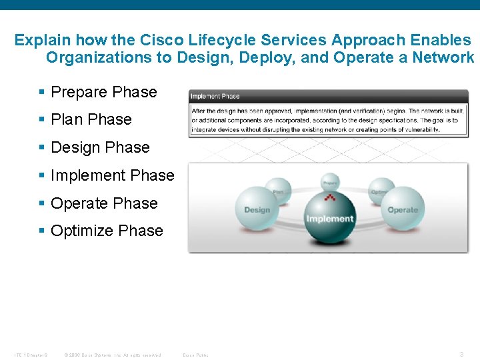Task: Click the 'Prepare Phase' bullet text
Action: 103,92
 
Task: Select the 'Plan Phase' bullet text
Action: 91,119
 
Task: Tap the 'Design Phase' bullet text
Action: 100,147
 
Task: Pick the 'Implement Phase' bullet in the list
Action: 112,175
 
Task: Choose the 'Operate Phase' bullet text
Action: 104,203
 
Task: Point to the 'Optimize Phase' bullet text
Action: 107,231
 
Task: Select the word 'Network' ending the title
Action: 443,57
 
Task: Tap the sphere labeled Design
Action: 257,208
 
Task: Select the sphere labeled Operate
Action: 402,208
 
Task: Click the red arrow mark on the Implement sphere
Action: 329,198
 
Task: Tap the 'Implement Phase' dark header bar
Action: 328,96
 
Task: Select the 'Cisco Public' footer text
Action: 195,355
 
